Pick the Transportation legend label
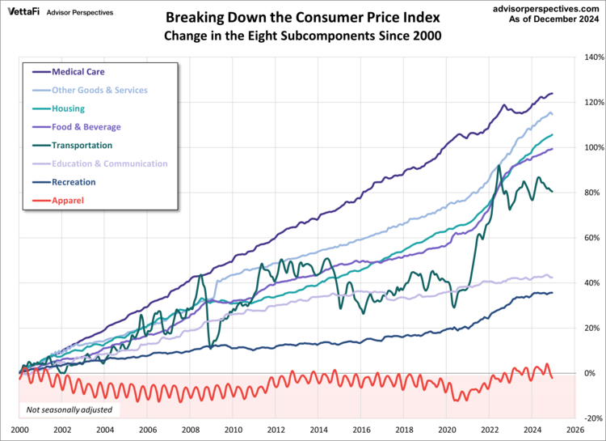(82, 146)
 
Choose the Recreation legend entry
(74, 182)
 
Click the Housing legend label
(68, 108)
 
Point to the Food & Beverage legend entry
(86, 127)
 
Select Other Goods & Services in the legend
(99, 91)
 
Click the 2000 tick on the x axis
(20, 430)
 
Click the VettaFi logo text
(24, 12)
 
